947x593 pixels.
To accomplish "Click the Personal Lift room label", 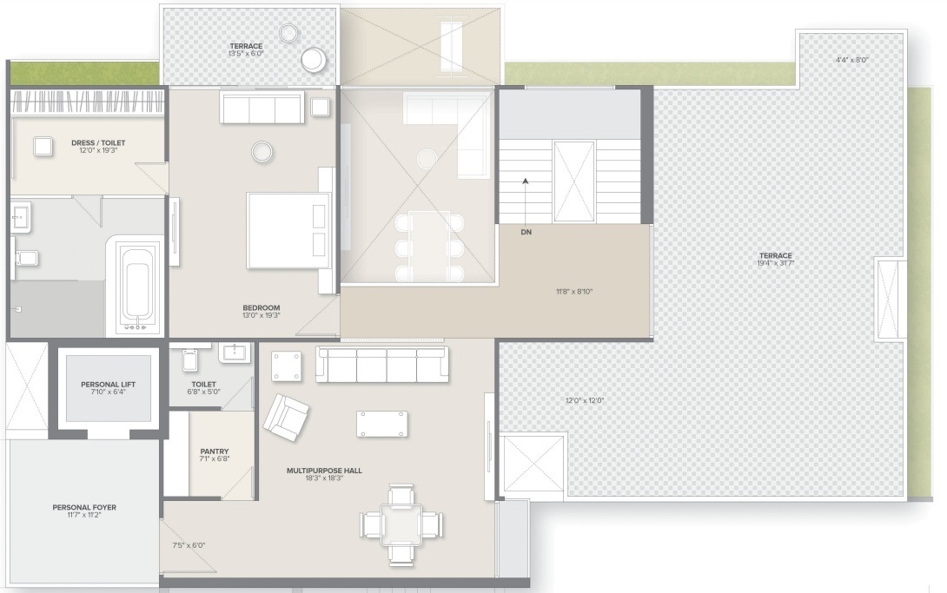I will (109, 384).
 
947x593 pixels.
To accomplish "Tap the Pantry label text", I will (214, 451).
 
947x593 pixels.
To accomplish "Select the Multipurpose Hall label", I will (324, 471).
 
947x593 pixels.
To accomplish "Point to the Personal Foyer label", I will (84, 507).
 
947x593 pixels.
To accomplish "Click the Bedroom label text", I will (262, 308).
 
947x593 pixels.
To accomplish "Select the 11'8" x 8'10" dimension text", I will (573, 292).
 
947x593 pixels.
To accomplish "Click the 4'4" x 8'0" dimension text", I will (851, 61).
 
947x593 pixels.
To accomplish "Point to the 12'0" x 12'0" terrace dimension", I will (584, 401).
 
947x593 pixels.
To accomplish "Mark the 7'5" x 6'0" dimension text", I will (189, 545).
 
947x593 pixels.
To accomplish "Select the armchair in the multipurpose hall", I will (286, 418).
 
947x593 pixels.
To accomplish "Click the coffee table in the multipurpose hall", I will (381, 424).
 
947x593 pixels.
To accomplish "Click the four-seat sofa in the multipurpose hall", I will (382, 365).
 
